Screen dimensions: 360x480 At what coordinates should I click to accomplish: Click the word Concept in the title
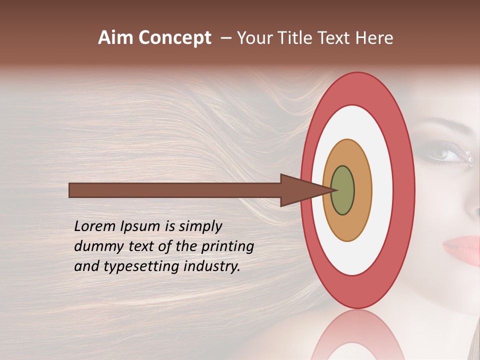174,38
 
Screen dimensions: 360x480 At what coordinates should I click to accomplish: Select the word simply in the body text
200,226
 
